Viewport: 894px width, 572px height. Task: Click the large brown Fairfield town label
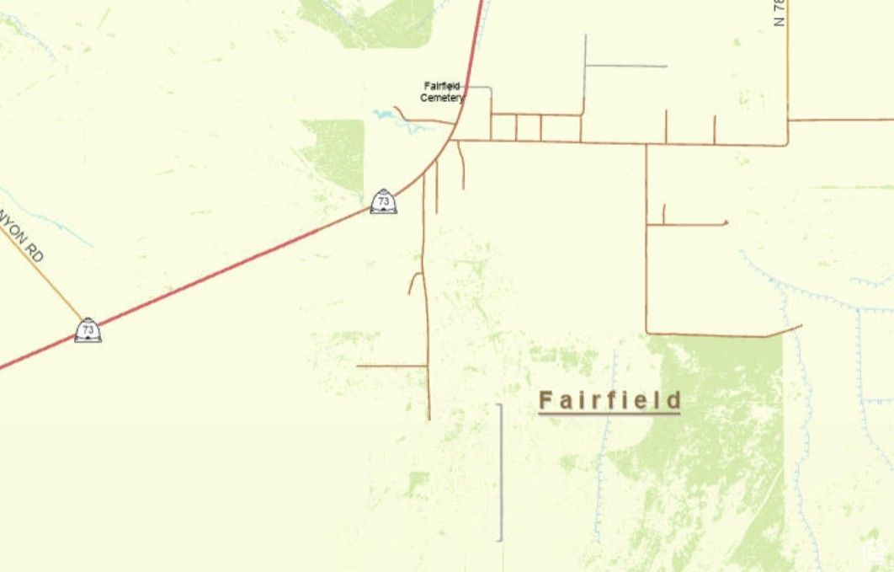pyautogui.click(x=609, y=399)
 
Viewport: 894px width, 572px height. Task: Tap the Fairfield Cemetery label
pyautogui.click(x=443, y=92)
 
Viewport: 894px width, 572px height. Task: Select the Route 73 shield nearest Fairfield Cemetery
pyautogui.click(x=383, y=201)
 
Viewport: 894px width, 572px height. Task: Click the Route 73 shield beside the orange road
pyautogui.click(x=88, y=329)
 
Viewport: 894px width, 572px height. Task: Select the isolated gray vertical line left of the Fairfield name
pyautogui.click(x=502, y=472)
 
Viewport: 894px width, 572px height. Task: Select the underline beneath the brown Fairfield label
pyautogui.click(x=609, y=414)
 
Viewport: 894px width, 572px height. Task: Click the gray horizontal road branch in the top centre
pyautogui.click(x=626, y=66)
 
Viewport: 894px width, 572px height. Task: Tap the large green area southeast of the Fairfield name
pyautogui.click(x=716, y=455)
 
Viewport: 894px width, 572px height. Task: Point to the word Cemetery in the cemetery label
pyautogui.click(x=443, y=98)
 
